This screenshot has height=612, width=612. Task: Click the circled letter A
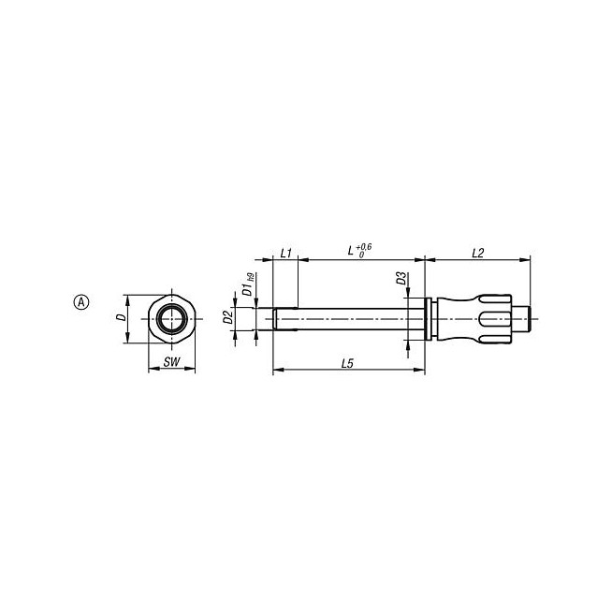click(x=81, y=302)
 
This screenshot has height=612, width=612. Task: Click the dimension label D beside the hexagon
click(x=123, y=317)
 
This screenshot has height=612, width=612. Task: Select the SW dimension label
click(x=172, y=362)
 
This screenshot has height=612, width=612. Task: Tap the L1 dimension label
click(x=286, y=253)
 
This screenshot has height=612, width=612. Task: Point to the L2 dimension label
click(x=478, y=253)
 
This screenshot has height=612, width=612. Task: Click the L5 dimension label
click(x=347, y=364)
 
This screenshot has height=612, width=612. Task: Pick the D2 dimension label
click(x=228, y=318)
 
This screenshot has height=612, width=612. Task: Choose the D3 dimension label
click(x=401, y=279)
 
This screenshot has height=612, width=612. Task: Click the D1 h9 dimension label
click(x=249, y=284)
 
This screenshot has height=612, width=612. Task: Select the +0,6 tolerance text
click(x=364, y=247)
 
